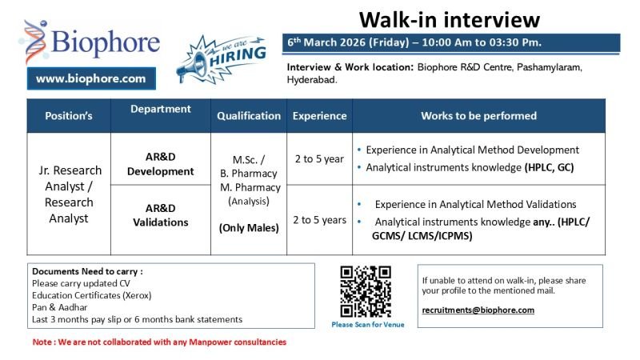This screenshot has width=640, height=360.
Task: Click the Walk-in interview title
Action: [x=449, y=19]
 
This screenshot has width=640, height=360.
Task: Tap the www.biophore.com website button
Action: [x=91, y=78]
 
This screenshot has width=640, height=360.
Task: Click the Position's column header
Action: [x=68, y=115]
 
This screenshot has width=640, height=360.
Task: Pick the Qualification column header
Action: [x=249, y=115]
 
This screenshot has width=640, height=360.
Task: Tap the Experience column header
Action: [x=319, y=115]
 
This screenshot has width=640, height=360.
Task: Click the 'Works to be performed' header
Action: [x=478, y=115]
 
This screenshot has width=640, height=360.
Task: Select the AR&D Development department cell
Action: [x=164, y=165]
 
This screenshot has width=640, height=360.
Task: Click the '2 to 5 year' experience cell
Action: [x=319, y=158]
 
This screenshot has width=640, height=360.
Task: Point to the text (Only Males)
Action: [x=249, y=228]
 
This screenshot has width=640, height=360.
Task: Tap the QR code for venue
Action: [x=366, y=291]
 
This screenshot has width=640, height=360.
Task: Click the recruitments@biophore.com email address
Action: [x=478, y=310]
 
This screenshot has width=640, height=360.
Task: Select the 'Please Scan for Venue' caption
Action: [x=368, y=324]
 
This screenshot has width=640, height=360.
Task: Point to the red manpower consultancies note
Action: [x=158, y=342]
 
